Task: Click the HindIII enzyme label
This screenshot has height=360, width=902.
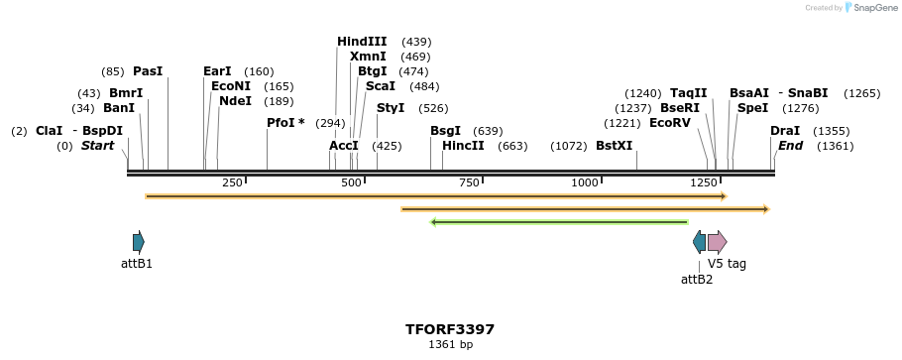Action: click(x=362, y=42)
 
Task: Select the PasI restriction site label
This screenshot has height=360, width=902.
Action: click(x=148, y=71)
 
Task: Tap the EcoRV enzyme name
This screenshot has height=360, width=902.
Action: click(x=669, y=123)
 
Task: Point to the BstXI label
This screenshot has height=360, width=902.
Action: click(x=614, y=146)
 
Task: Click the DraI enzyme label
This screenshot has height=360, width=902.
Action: click(x=785, y=131)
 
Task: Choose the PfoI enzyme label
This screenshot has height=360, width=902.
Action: click(x=285, y=123)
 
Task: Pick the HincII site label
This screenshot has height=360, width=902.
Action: click(x=463, y=146)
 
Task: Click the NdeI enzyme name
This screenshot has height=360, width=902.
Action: click(x=235, y=101)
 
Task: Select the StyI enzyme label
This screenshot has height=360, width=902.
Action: click(x=391, y=108)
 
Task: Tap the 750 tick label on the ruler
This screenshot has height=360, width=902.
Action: click(x=469, y=182)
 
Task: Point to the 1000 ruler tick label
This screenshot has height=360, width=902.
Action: click(x=585, y=182)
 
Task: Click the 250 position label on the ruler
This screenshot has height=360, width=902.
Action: click(x=232, y=182)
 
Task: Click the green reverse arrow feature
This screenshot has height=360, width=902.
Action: click(x=559, y=222)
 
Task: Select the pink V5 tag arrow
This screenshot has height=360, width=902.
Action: click(x=717, y=242)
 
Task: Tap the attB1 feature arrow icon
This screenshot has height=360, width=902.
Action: click(x=139, y=242)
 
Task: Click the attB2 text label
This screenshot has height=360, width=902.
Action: click(x=697, y=280)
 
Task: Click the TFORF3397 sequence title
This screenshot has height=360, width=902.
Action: click(x=450, y=329)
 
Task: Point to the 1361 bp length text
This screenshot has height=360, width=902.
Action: click(x=450, y=345)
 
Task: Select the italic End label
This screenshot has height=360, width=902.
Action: click(x=790, y=146)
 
